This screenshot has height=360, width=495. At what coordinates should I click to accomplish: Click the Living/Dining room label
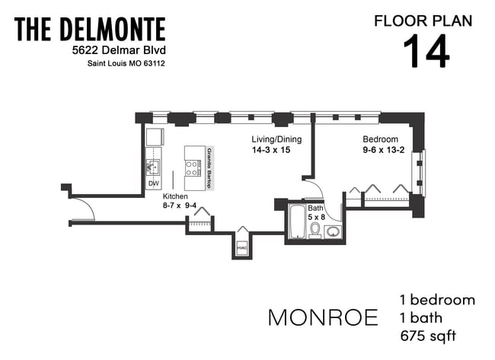276,139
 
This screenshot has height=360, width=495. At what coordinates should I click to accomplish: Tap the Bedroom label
380,139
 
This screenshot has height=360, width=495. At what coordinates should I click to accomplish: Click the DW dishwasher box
153,184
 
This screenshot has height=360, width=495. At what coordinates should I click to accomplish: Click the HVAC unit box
241,248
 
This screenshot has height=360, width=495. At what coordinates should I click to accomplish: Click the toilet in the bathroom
315,228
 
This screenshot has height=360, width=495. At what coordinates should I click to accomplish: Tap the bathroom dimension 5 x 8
316,216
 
